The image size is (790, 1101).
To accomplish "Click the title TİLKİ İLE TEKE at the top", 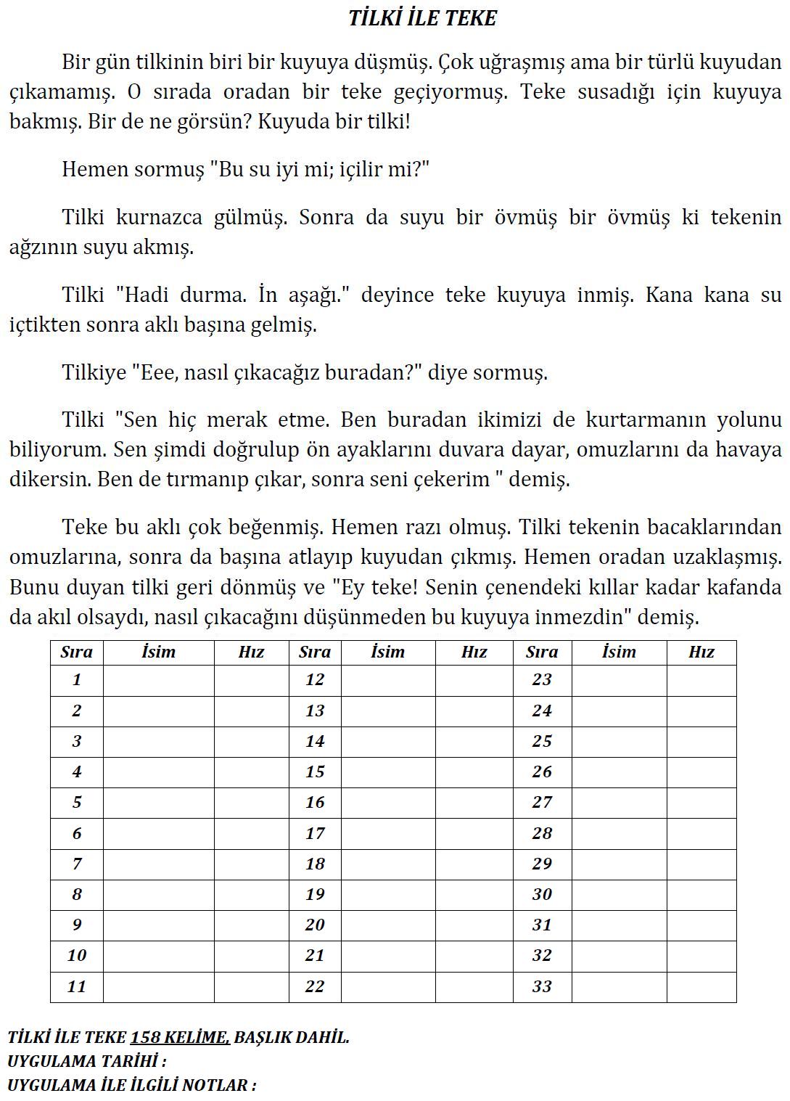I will coord(422,18).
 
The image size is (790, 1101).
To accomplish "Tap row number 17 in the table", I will coord(315,833).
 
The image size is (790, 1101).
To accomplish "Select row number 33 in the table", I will coord(542,986).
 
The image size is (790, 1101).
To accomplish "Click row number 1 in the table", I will coord(77,680).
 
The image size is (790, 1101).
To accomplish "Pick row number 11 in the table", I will coord(77,986).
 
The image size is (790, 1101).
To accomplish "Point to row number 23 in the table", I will coord(542,680).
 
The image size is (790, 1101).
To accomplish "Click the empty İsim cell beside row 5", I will coord(158,803).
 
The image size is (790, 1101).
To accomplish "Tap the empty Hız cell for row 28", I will coord(701,833).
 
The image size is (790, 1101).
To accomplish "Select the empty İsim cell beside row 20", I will coord(388,925).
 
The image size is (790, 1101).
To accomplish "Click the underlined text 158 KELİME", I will coord(180,1037).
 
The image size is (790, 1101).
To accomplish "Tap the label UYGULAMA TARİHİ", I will coord(86,1061).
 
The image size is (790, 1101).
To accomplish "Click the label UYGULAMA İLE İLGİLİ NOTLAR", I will coord(131,1085).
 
